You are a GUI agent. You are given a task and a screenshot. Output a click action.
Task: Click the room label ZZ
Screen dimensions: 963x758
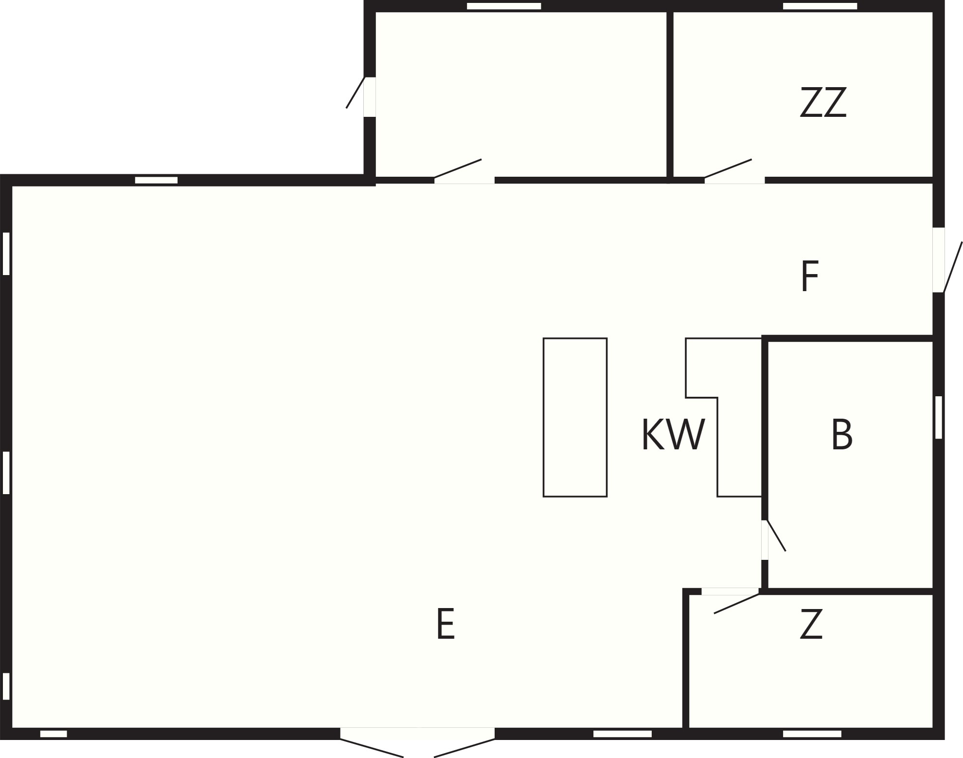pos(823,102)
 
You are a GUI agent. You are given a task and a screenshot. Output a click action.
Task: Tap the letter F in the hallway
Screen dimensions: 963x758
pos(810,276)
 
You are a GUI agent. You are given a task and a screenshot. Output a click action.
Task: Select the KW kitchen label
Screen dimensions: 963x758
pos(673,434)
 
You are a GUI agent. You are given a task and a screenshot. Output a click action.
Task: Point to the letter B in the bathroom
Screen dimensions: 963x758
pos(841,434)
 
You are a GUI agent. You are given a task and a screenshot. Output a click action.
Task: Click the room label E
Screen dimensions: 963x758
pos(446,623)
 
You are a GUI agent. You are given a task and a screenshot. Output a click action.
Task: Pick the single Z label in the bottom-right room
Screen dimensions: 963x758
pos(811,623)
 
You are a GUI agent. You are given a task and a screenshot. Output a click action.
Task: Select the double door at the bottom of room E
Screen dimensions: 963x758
pos(417,742)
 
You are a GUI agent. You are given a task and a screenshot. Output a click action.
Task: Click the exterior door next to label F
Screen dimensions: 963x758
pos(946,260)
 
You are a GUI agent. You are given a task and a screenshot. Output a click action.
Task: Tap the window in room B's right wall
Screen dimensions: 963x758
pos(938,417)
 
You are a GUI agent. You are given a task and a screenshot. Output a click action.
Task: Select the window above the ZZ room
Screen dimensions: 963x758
pos(820,6)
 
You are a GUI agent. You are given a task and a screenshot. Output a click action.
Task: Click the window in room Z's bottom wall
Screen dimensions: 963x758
pos(812,734)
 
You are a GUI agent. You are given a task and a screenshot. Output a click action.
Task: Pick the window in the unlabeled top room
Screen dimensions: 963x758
pos(504,6)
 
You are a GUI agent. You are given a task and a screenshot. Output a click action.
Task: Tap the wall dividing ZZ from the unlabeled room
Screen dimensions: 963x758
pos(670,95)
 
